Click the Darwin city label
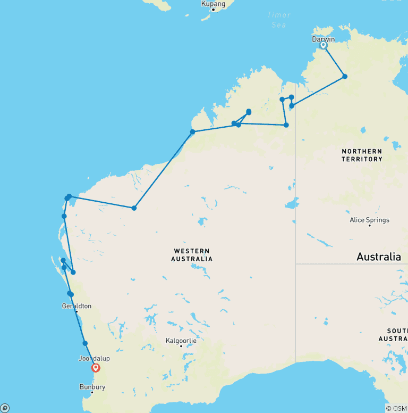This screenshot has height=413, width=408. (x=323, y=39)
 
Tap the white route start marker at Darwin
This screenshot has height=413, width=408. (x=323, y=46)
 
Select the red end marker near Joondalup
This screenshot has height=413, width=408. (x=96, y=367)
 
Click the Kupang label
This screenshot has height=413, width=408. (x=213, y=4)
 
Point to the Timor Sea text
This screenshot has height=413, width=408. (x=278, y=20)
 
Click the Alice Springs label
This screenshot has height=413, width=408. (x=369, y=220)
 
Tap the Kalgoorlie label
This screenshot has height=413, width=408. (x=181, y=340)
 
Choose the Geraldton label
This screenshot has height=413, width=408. (x=76, y=306)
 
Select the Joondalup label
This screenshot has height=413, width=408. (x=94, y=359)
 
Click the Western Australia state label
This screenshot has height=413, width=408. (x=191, y=255)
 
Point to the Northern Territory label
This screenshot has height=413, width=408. (x=362, y=155)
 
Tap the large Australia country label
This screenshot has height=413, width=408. (x=378, y=257)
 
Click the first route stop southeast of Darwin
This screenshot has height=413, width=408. (x=345, y=77)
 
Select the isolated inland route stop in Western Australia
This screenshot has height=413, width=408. (x=134, y=208)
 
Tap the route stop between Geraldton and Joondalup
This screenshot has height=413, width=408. (x=85, y=343)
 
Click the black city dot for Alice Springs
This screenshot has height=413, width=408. (x=369, y=226)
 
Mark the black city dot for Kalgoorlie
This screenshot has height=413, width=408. (x=181, y=346)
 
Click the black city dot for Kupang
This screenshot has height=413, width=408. (x=213, y=10)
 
